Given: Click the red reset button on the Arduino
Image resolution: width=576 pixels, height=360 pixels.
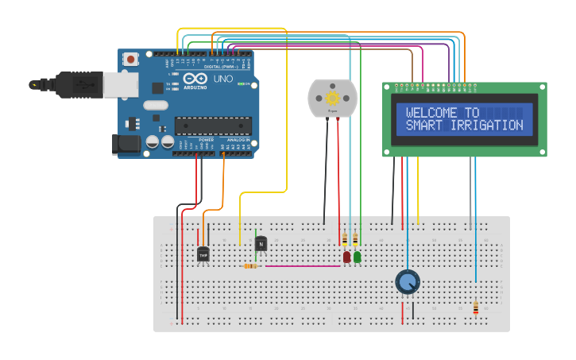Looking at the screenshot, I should click(130, 58).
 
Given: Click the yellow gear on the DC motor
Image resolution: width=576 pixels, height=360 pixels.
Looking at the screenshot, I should click(333, 98).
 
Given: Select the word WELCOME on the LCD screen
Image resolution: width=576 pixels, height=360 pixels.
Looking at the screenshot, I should click(434, 113).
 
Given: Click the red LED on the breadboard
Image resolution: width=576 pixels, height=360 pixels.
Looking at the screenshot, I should click(346, 257).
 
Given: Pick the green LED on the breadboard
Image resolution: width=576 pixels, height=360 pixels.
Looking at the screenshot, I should click(358, 257).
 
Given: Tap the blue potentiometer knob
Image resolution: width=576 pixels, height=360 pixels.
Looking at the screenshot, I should click(407, 281).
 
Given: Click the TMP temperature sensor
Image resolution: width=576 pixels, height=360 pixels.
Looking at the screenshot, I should click(203, 254).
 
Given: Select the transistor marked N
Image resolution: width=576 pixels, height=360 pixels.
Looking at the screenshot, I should click(261, 245).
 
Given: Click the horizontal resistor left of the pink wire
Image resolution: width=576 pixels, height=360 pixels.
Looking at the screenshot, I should click(250, 265).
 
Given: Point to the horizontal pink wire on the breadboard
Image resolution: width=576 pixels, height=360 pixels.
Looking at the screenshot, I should click(302, 265).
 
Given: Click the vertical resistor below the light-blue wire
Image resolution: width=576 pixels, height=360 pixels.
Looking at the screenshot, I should click(476, 308).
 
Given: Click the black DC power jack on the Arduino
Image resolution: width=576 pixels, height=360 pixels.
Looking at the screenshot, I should click(126, 144).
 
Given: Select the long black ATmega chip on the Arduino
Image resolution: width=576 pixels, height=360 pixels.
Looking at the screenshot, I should click(213, 125).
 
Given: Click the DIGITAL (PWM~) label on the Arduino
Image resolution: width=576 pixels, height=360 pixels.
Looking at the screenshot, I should click(219, 67).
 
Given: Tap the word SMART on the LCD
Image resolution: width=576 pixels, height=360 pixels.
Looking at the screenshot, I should click(423, 126).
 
